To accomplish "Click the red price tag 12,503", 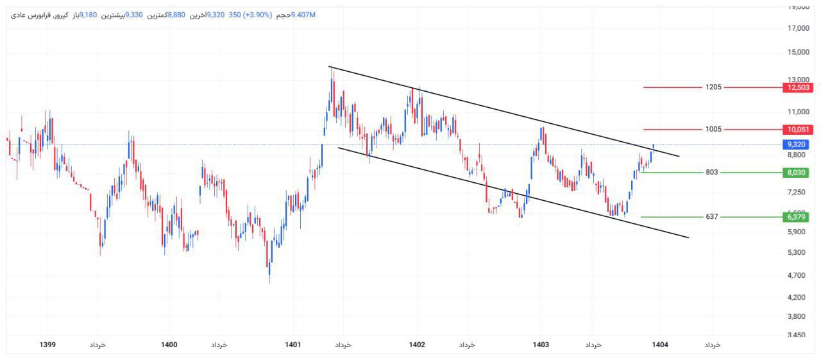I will pos(795,87).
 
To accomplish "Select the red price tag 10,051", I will pos(795,130).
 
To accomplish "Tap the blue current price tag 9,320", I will pos(795,145).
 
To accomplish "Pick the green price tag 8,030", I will pos(795,173).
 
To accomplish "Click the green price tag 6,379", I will pos(795,217).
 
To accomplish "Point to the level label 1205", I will pos(713,87).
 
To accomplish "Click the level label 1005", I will pos(713,130).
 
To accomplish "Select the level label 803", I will pos(712,173).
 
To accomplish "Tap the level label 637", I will pos(712,217).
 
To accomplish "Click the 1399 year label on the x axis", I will pos(47,345).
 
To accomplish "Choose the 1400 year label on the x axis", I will pos(169,345).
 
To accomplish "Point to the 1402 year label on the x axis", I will pos(417,345).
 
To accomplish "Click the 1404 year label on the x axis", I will pos(660,345).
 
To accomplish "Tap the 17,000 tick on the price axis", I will pos(798,28).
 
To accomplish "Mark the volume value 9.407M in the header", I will pos(303,15).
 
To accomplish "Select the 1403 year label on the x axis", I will pos(541,345).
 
